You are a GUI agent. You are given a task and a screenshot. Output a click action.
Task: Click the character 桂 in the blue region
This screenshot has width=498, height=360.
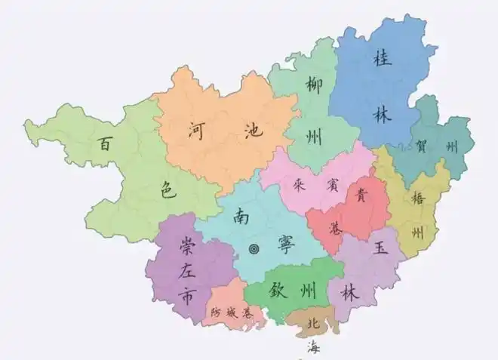point(380,59)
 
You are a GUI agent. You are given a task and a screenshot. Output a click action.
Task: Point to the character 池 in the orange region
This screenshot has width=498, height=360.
point(254,130)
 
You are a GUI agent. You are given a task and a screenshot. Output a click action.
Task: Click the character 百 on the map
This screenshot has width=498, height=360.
point(105,143)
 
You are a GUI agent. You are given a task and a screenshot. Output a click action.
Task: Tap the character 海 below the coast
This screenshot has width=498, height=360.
point(312,348)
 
